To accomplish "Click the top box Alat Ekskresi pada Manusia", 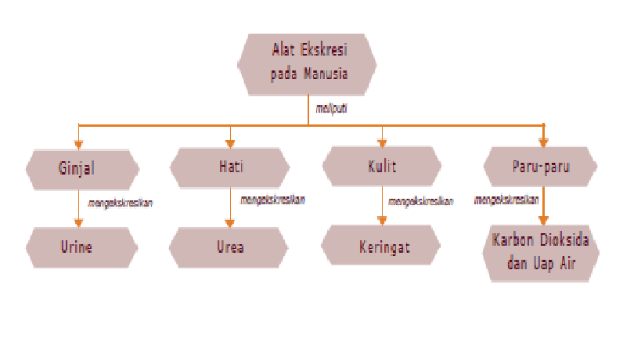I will click(308, 63).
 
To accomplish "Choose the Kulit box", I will click(383, 167).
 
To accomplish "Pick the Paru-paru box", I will click(541, 167).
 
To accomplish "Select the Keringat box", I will click(383, 247).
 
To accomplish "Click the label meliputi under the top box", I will click(330, 109).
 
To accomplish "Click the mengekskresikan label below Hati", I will click(272, 200).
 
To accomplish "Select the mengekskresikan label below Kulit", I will click(421, 201).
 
